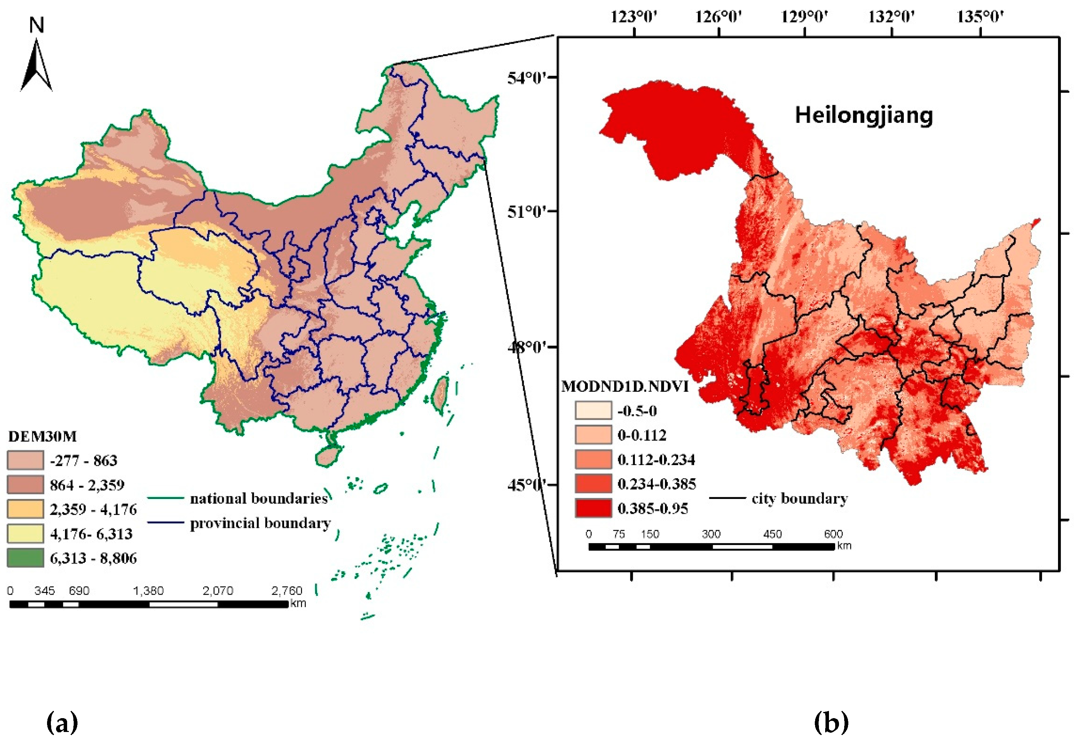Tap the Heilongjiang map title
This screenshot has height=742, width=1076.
coord(864,115)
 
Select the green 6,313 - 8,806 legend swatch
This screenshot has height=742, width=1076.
coord(26,557)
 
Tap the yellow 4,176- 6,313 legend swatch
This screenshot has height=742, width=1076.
coord(26,533)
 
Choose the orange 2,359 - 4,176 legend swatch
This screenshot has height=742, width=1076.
coord(26,509)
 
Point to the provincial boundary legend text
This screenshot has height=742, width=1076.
coord(260,523)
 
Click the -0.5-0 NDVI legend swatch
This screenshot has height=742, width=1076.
coord(593,410)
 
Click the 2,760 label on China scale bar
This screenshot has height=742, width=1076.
coord(286,591)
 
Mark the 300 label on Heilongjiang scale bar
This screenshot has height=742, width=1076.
coord(711,534)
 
